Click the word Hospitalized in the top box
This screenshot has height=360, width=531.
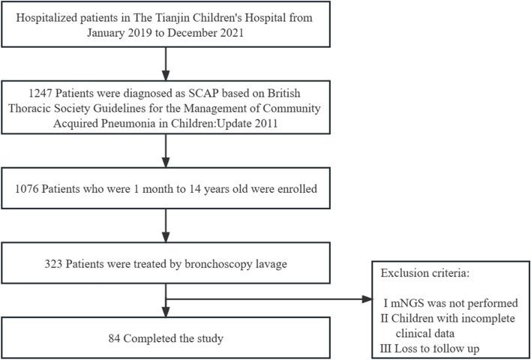click(x=51, y=16)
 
